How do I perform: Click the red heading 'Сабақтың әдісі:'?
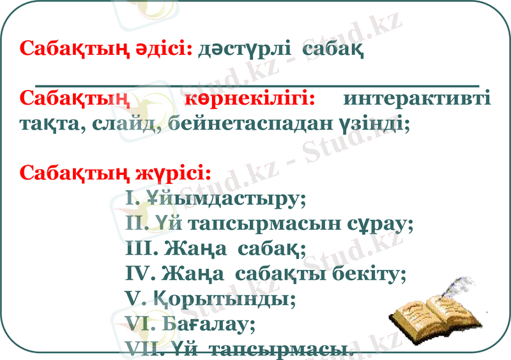click(x=106, y=49)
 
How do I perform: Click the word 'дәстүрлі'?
click(x=243, y=49)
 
